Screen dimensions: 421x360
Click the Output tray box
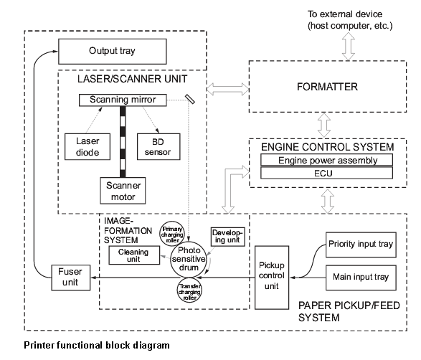pos(112,52)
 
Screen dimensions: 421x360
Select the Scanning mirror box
pos(123,100)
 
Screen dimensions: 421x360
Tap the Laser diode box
pos(87,146)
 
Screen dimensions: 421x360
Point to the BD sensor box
pos(159,146)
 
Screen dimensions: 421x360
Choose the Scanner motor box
pos(123,191)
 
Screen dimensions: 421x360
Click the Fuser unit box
pos(70,278)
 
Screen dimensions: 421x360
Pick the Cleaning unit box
pos(134,255)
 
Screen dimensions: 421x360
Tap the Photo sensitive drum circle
pos(189,260)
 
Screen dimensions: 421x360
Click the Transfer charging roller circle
pos(189,290)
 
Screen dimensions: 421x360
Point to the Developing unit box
pos(227,237)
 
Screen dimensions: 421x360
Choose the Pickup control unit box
pos(272,278)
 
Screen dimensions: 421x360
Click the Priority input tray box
pos(361,245)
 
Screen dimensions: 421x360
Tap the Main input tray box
pos(361,278)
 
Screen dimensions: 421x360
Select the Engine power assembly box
pos(327,160)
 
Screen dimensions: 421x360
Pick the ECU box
pos(327,173)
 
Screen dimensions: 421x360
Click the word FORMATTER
pos(327,87)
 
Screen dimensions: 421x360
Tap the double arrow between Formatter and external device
pos(349,47)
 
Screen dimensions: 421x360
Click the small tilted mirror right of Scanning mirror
pos(190,99)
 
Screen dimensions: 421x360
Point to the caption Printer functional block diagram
pos(97,345)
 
